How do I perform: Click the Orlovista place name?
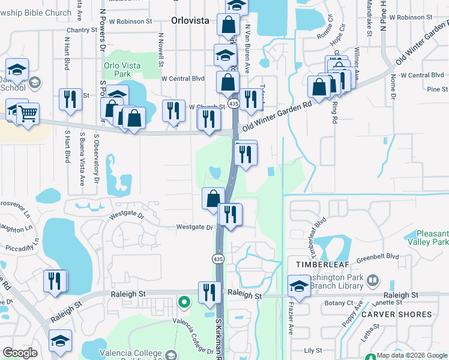190,20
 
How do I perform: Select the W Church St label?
206,107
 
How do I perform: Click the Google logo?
20,353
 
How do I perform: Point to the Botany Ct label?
337,304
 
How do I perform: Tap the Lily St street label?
313,350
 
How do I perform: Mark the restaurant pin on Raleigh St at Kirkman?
209,292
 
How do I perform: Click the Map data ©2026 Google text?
411,355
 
